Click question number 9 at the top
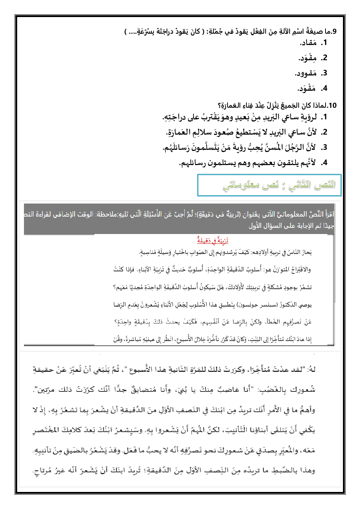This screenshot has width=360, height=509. click(334, 32)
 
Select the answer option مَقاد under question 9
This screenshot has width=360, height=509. click(309, 43)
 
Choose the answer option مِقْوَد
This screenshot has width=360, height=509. click(308, 58)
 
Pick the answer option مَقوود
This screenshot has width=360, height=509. click(306, 74)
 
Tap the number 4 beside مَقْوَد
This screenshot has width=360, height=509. click(324, 89)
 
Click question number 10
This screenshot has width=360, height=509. click(332, 106)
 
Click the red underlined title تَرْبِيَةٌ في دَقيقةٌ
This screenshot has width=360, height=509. click(213, 240)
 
